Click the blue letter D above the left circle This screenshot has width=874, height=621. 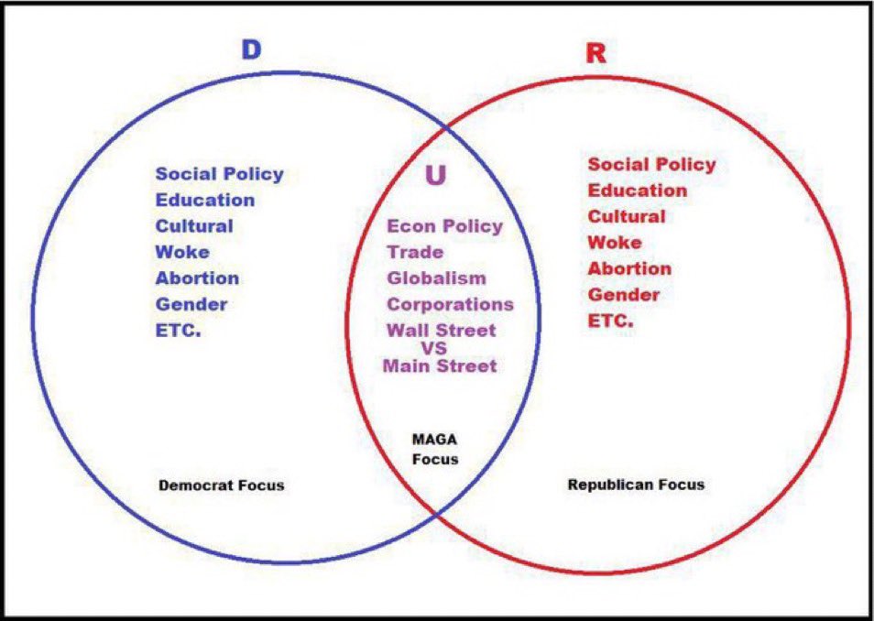251,49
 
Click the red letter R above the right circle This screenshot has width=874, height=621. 595,52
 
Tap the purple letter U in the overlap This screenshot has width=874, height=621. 436,174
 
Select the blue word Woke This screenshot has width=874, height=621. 182,252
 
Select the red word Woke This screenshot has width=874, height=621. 615,243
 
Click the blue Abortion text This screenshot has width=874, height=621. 197,278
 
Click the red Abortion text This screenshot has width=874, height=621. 629,269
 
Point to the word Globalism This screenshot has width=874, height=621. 436,278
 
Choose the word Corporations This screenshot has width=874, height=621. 450,304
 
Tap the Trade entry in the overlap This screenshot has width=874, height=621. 415,252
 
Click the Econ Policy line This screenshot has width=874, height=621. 444,226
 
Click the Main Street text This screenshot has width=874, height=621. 440,366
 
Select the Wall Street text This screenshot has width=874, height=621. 441,331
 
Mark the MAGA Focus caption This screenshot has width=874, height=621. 434,450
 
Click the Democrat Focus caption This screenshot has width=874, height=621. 221,485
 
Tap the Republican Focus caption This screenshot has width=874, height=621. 636,484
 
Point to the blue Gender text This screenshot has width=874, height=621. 191,304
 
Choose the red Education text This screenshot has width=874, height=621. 638,191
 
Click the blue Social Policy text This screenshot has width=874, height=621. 220,174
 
